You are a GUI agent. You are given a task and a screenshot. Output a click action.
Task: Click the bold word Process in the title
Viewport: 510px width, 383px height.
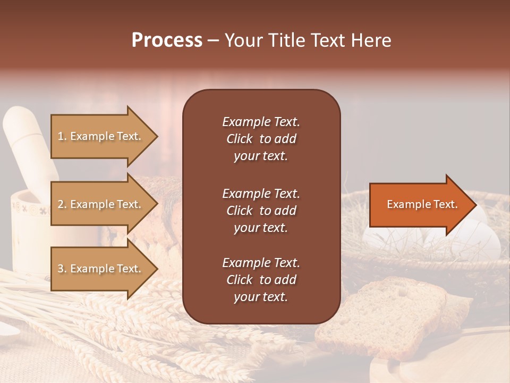click(167, 40)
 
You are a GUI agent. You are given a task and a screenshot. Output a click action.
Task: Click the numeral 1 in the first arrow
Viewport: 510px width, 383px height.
click(60, 136)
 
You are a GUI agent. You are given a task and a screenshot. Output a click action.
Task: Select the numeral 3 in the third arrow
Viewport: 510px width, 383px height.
click(61, 269)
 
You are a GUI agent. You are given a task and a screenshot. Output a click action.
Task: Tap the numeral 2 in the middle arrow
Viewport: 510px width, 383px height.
click(61, 204)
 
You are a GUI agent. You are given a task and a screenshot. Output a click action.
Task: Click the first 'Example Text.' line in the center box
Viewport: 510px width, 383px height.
click(261, 122)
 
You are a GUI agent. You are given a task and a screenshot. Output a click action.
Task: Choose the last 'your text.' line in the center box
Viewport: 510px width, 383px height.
click(261, 297)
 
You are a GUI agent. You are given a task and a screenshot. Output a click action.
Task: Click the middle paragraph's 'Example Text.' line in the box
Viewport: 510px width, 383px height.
click(261, 193)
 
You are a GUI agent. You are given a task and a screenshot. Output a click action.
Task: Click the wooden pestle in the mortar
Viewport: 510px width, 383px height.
click(27, 144)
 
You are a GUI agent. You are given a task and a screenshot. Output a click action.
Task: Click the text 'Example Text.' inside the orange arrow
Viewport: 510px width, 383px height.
click(422, 204)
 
